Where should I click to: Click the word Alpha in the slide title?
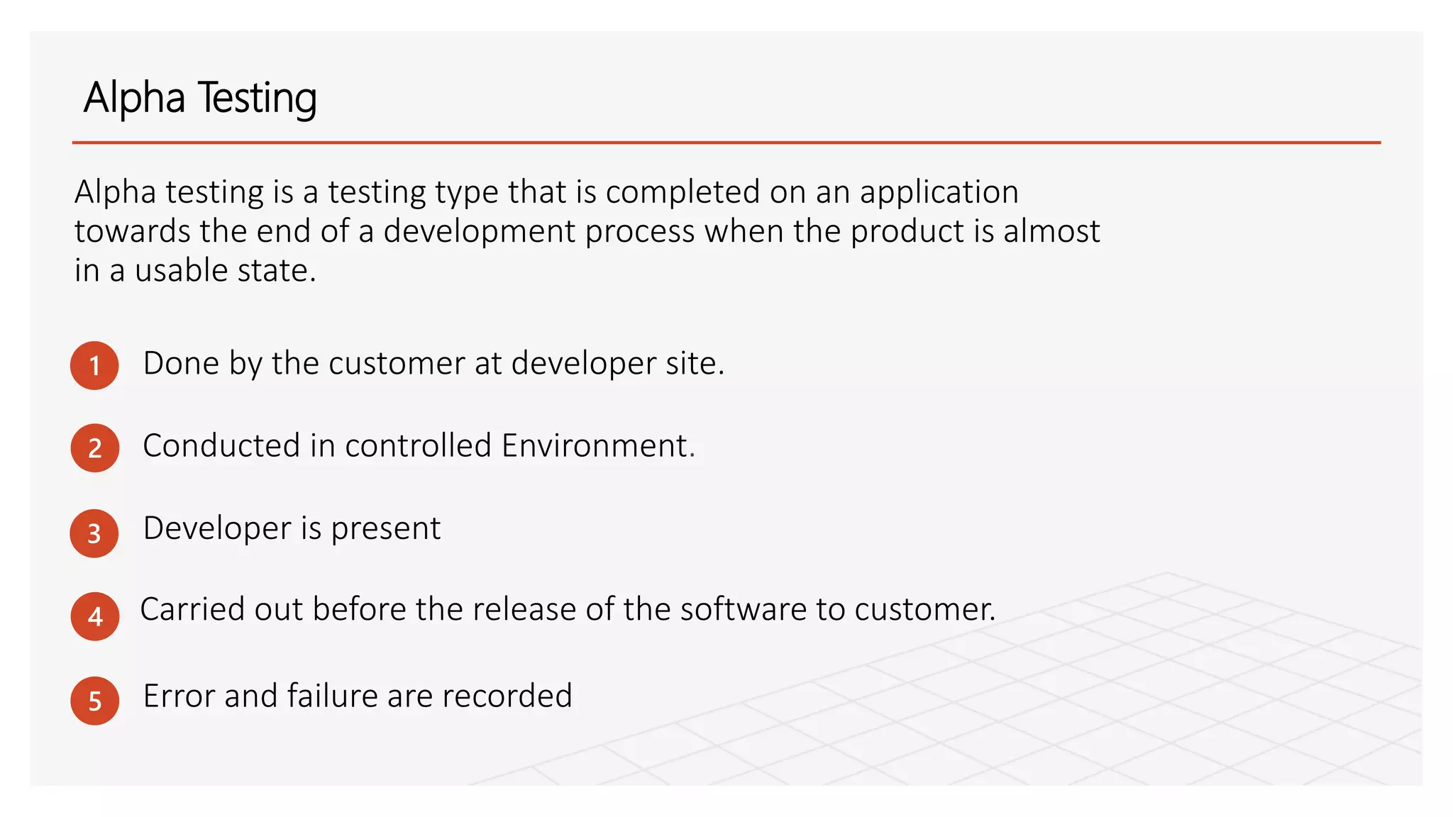(x=134, y=98)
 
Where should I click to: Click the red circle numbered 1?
(x=94, y=366)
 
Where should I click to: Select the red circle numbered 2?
(x=94, y=448)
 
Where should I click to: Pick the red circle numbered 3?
(x=94, y=533)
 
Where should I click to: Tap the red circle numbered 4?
(x=94, y=616)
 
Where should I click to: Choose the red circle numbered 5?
(x=94, y=701)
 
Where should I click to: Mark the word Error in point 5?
(x=179, y=696)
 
